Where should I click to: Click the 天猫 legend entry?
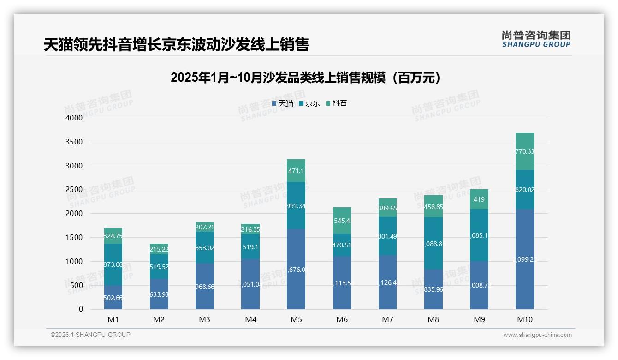click(283, 103)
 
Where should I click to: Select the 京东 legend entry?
click(309, 103)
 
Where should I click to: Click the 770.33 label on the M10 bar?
click(525, 151)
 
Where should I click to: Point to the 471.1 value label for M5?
click(296, 171)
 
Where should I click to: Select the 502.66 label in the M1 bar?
click(113, 298)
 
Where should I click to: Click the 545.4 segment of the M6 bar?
click(342, 221)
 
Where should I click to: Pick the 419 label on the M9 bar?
click(479, 200)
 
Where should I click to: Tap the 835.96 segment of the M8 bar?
click(434, 290)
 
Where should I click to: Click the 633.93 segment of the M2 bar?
click(159, 294)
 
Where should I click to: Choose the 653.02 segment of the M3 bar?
click(204, 247)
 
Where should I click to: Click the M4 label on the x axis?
click(250, 319)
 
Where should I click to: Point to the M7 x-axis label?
click(387, 319)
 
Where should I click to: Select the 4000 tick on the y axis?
click(74, 118)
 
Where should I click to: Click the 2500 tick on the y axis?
click(74, 190)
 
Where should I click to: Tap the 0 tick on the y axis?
click(81, 309)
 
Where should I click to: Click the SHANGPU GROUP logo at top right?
click(536, 39)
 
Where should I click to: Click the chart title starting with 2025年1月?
click(305, 78)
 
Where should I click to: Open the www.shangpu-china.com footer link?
click(537, 335)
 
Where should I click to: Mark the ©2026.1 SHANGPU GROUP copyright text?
click(90, 335)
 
